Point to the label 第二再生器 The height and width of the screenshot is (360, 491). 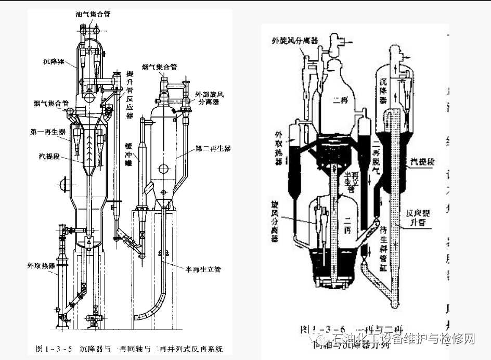213,148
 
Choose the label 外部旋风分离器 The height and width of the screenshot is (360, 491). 207,99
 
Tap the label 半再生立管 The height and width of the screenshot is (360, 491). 203,269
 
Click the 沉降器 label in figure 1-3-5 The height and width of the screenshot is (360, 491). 54,61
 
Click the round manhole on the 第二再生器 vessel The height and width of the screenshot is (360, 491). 164,168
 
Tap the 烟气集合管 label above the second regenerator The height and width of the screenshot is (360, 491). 159,67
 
